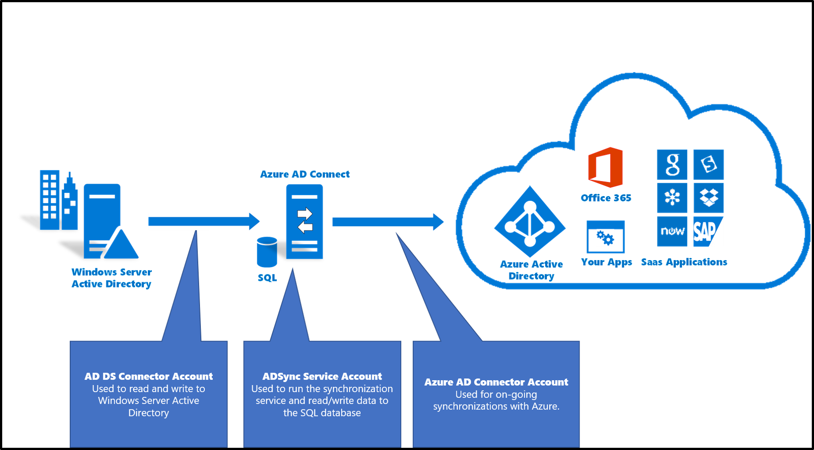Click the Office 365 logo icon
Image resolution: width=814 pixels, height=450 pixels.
pos(605,167)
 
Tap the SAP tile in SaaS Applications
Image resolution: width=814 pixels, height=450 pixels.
pos(708,231)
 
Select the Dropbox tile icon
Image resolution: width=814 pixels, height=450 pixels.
pos(708,198)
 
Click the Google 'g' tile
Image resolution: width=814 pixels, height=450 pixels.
pos(672,165)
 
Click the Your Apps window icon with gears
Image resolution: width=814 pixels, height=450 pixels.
pos(605,237)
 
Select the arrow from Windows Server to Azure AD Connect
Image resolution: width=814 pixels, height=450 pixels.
pos(203,221)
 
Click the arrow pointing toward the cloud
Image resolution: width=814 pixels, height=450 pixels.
pos(388,222)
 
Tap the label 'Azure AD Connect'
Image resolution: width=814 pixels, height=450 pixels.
pos(305,174)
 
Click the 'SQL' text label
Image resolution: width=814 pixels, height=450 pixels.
pos(267,278)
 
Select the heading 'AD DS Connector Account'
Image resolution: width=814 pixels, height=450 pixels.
pos(148,376)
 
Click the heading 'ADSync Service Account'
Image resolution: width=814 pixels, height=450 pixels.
pos(322,376)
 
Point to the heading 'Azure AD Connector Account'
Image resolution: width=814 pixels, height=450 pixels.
pos(496,382)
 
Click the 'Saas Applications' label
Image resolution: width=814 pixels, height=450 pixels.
pos(684,262)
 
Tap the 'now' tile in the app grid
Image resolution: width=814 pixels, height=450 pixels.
pos(672,231)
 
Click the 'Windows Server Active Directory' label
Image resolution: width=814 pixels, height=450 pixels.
pos(111,278)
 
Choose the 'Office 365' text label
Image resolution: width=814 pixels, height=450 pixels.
pos(606,198)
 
